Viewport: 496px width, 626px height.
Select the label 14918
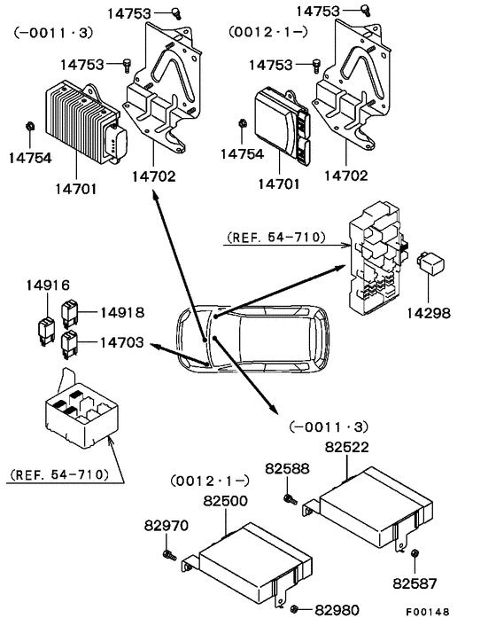tap(121, 312)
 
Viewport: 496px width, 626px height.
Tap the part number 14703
tap(121, 340)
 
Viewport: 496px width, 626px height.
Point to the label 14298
tap(429, 313)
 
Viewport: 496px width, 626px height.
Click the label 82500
tap(226, 501)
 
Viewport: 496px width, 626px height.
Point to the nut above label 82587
tap(415, 554)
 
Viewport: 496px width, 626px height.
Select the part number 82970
tap(166, 526)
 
